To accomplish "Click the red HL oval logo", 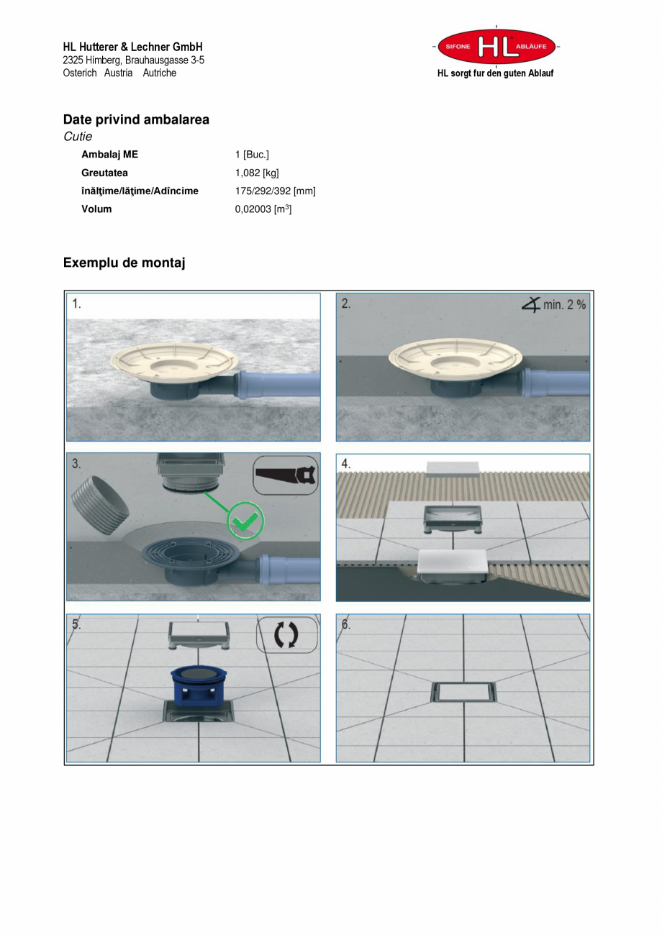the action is (x=496, y=46).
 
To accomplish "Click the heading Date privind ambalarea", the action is (x=136, y=120).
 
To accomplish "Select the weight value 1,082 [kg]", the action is (x=257, y=173).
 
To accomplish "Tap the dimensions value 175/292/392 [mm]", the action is (x=276, y=191).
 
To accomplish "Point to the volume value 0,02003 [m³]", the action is (x=263, y=209).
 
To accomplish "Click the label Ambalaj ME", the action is (x=109, y=155).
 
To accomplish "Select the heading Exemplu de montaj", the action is (x=124, y=263).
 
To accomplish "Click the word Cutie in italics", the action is (x=78, y=137).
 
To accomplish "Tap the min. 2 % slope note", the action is (x=554, y=304).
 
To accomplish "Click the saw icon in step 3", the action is (x=286, y=475).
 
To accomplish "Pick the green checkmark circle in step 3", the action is (x=245, y=521).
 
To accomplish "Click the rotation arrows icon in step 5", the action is (x=286, y=635).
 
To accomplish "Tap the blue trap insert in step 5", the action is (x=199, y=684).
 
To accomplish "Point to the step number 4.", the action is (x=346, y=464).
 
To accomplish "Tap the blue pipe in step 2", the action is (x=556, y=382).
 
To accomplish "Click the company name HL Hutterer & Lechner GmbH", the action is (x=133, y=47).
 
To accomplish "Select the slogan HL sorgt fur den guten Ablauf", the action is (x=495, y=73).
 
